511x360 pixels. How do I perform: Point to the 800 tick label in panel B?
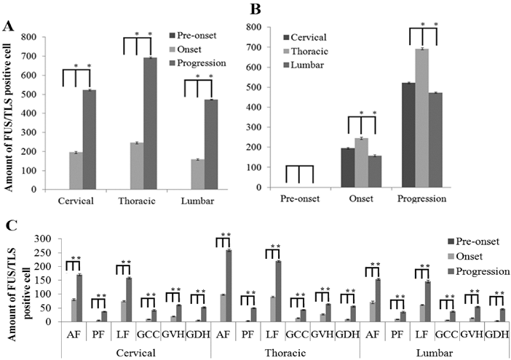(x=270, y=27)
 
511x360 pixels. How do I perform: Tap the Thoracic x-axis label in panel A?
(x=142, y=198)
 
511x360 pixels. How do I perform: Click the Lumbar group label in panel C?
(x=434, y=352)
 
